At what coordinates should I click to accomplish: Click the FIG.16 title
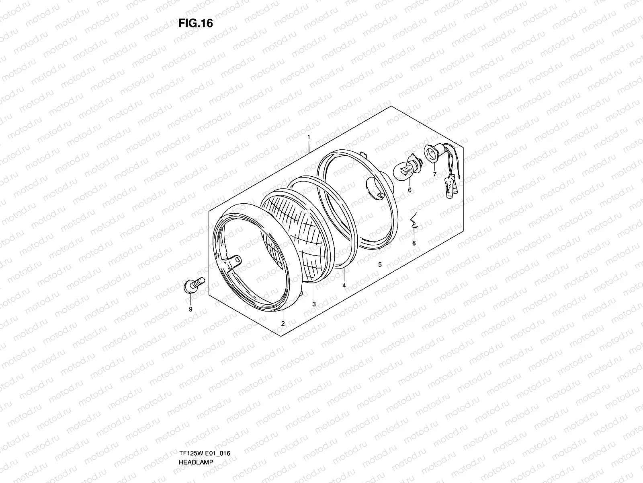coord(195,23)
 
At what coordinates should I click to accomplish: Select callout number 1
coord(309,137)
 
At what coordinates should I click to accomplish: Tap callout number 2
coord(283,324)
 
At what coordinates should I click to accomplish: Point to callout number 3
coord(314,304)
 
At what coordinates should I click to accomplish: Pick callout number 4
coord(344,285)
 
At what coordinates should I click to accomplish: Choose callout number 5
coord(380,264)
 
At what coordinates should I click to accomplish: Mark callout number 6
coord(410,190)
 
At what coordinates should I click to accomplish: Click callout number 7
coord(435,174)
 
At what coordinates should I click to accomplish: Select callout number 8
coord(414,243)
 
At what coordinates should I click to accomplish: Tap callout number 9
coord(190,310)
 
